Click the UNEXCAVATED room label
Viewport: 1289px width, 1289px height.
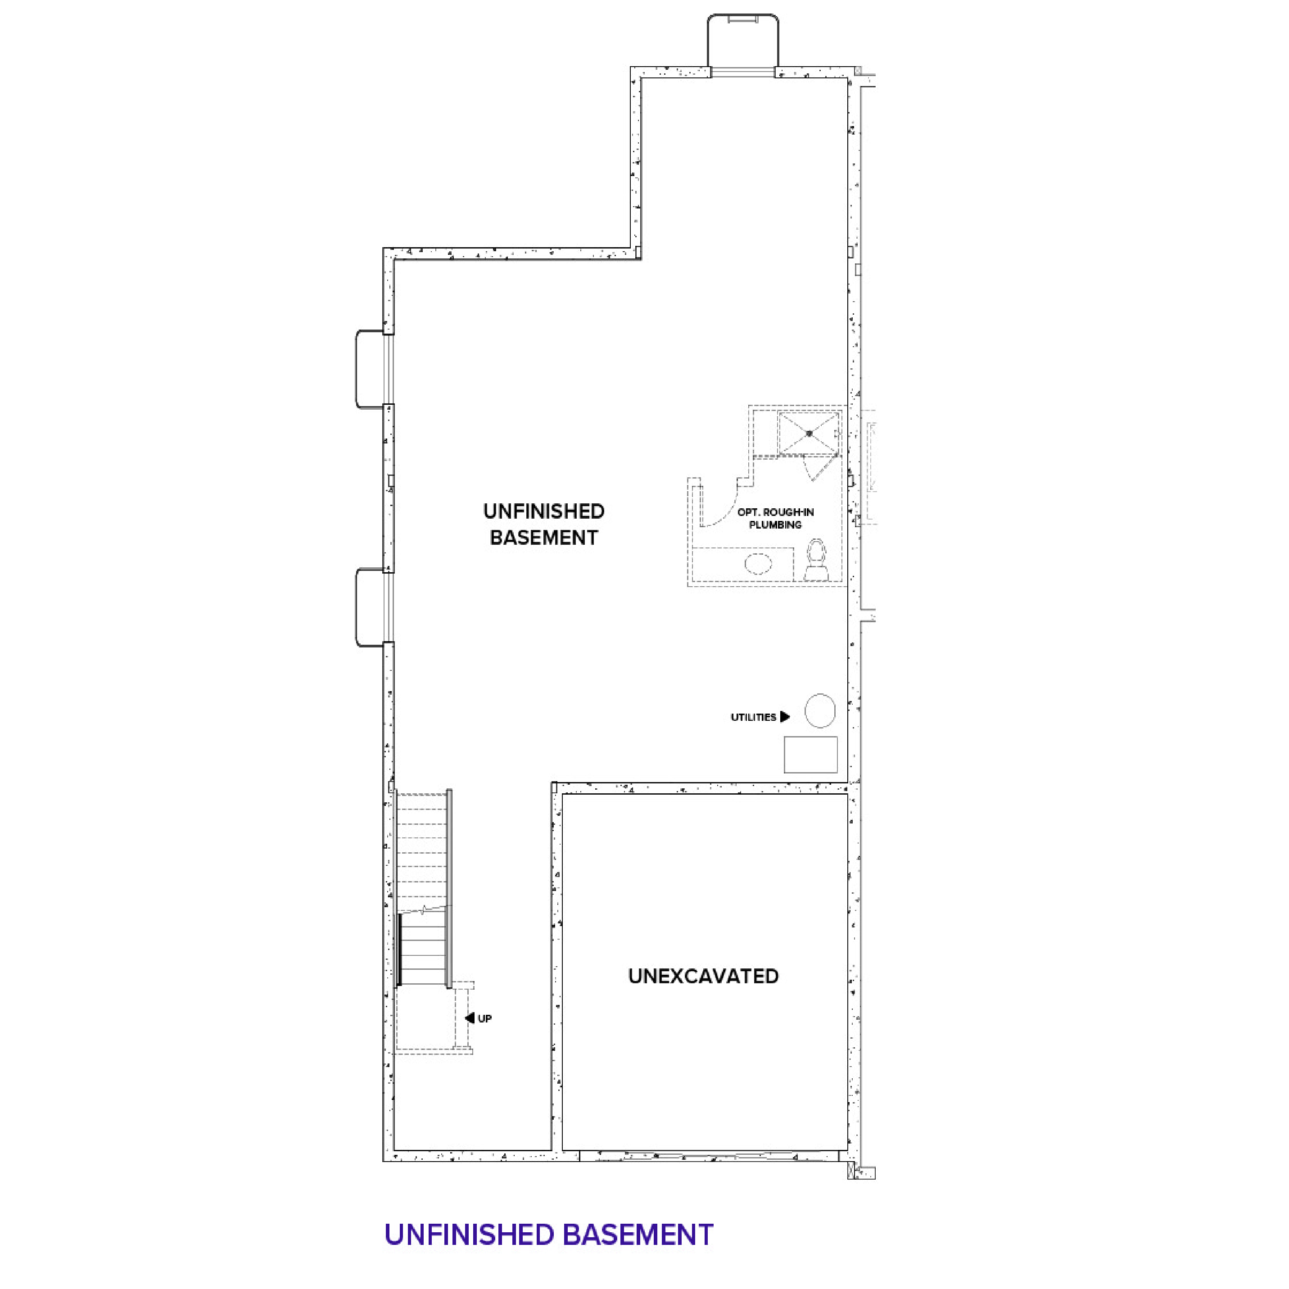[x=703, y=976]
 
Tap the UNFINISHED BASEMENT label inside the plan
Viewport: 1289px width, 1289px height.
[x=544, y=525]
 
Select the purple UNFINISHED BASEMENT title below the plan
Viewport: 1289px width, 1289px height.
[x=548, y=1234]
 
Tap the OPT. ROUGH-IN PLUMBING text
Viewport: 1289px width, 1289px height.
[x=775, y=518]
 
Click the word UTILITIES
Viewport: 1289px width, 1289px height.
[x=753, y=717]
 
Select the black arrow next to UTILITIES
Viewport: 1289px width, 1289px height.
[x=785, y=717]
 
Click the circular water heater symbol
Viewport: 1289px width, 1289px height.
[x=820, y=710]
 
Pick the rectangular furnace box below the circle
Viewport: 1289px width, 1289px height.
[x=810, y=755]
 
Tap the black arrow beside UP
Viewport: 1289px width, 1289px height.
[x=470, y=1018]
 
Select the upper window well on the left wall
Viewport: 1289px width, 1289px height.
[x=370, y=368]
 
